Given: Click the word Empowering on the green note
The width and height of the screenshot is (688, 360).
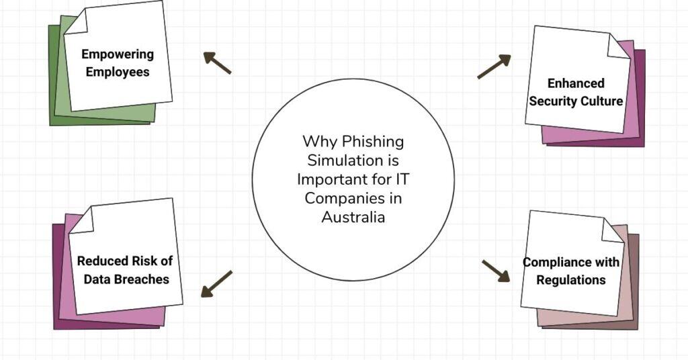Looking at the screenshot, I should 117,54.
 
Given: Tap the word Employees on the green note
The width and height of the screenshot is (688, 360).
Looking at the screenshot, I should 117,71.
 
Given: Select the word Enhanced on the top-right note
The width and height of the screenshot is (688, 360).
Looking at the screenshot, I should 576,83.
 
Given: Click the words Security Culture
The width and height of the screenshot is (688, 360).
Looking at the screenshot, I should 576,101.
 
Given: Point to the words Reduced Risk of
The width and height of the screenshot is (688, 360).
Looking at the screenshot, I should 124,261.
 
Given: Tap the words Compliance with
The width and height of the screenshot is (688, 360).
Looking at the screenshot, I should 571,262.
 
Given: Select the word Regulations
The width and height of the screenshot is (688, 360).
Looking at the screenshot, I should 571,279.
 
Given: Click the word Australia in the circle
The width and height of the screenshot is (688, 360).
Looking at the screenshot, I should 353,218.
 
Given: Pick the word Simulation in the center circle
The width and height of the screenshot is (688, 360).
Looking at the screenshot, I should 353,161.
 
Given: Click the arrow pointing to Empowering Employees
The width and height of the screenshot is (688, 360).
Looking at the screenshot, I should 217,62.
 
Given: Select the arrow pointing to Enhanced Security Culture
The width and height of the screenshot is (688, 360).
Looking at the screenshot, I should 494,66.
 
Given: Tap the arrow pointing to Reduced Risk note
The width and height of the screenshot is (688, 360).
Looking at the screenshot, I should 216,283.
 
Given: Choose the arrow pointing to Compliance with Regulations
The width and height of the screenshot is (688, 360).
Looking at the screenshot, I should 496,271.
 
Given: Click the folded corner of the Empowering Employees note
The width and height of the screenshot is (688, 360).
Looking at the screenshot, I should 76,22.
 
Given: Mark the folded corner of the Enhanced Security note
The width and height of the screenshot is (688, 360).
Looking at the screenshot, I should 619,46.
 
